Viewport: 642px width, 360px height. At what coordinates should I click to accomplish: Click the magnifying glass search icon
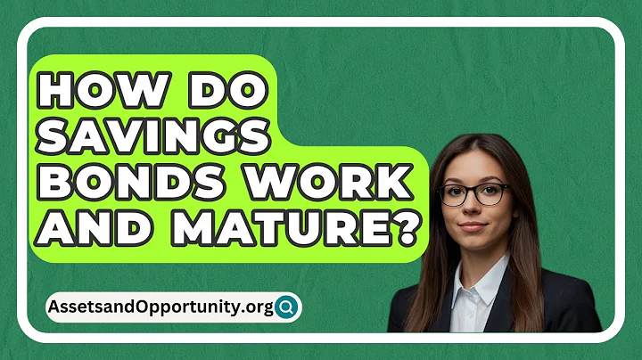click(287, 308)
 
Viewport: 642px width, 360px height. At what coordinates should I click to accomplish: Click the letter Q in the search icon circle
click(287, 308)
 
